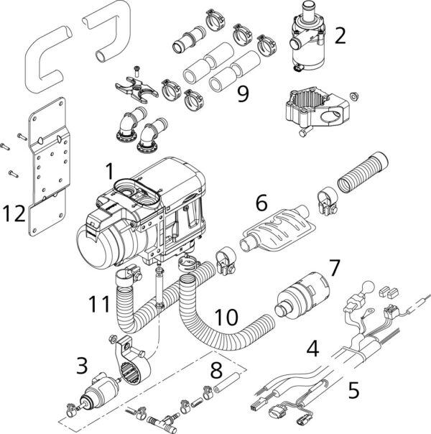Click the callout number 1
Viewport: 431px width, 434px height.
pyautogui.click(x=109, y=171)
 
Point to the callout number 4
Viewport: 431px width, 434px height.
pyautogui.click(x=312, y=350)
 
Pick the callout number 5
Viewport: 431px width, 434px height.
pyautogui.click(x=353, y=390)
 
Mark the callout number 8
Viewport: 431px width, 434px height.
pyautogui.click(x=215, y=371)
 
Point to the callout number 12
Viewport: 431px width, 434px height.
pyautogui.click(x=17, y=213)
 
